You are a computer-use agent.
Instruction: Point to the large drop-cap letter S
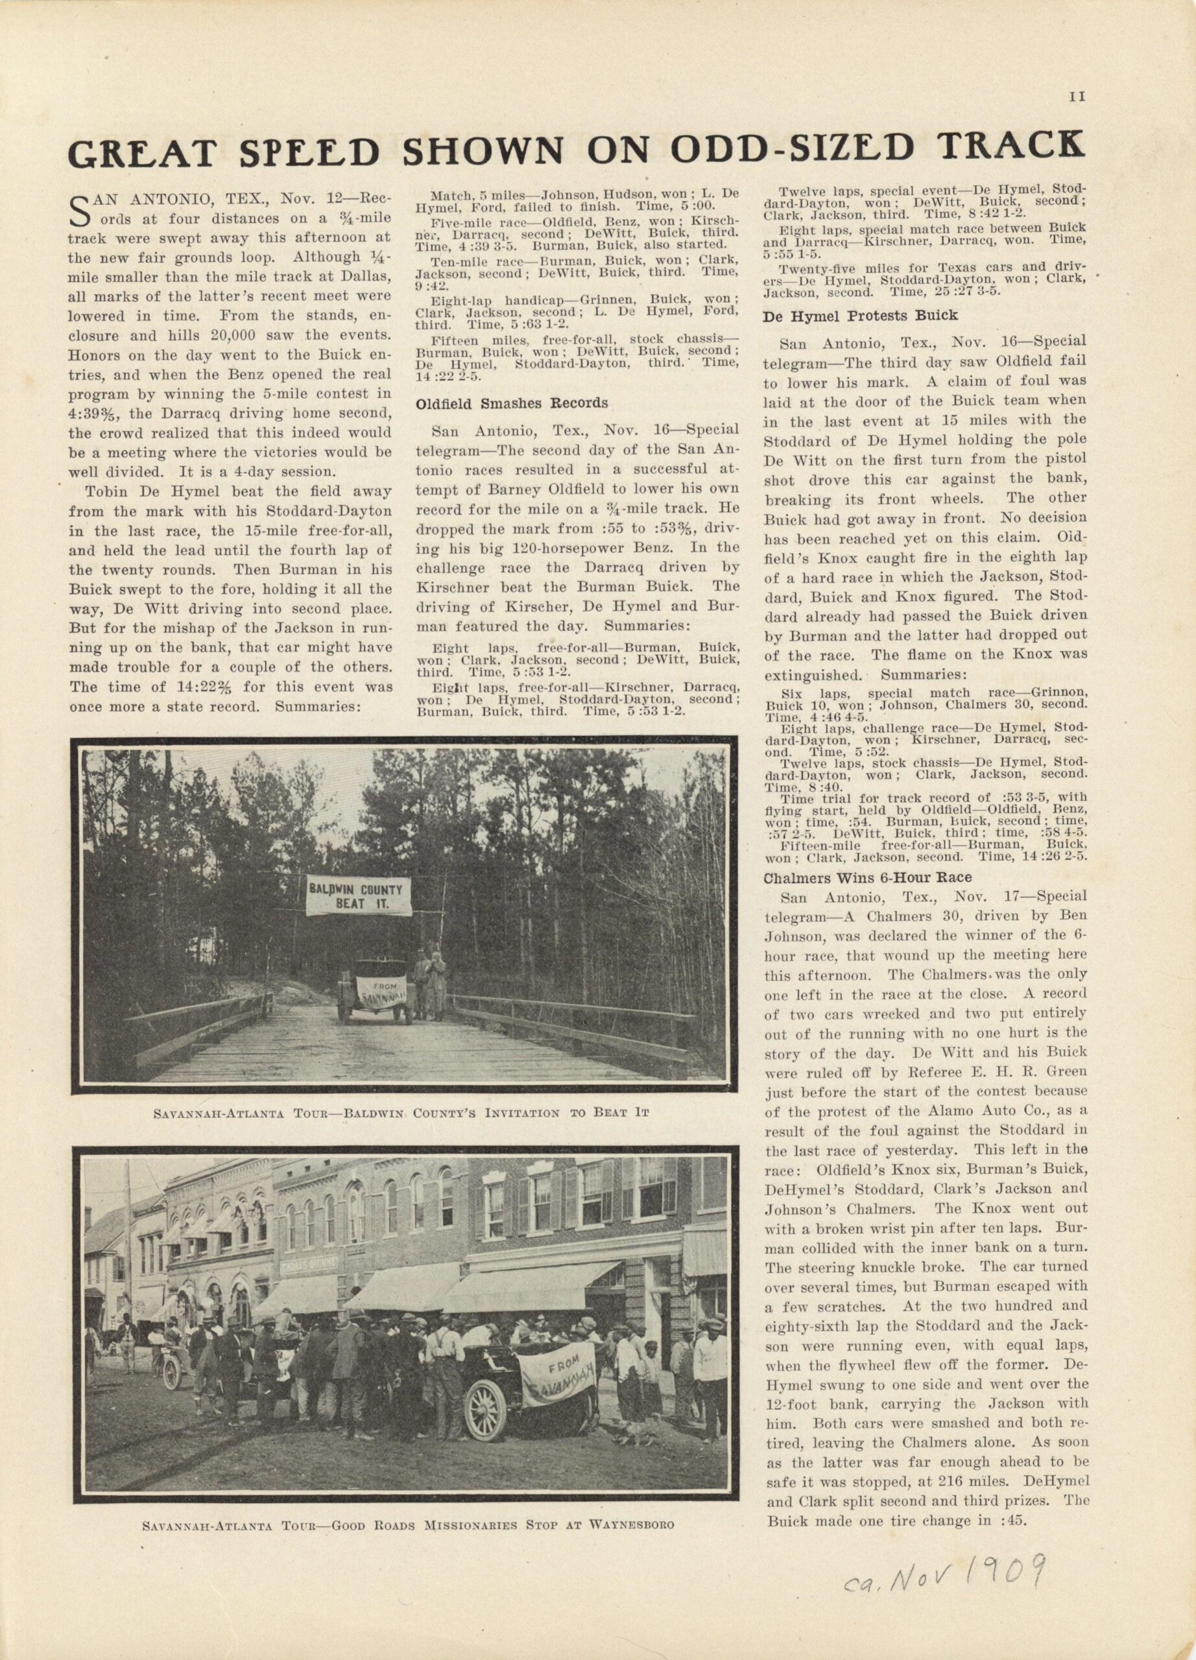80,209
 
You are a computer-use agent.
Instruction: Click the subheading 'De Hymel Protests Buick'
860,315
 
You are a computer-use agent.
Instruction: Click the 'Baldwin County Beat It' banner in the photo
359,897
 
